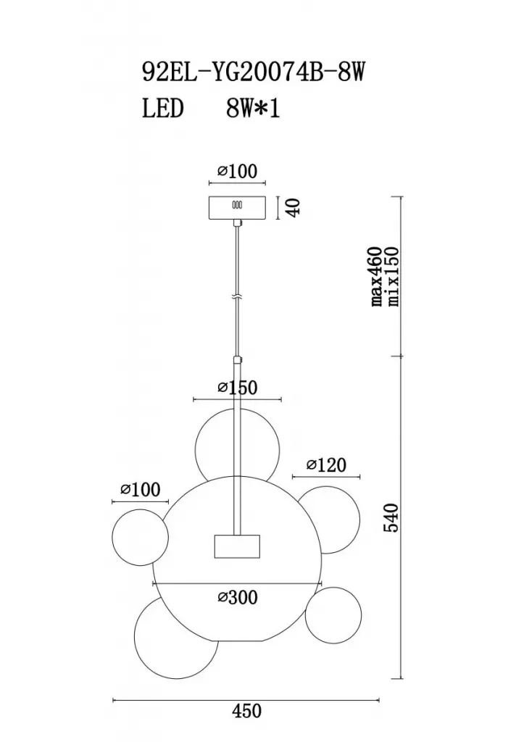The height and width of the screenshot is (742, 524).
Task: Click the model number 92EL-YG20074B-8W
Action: coord(254,73)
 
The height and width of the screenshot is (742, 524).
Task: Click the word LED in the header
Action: coord(162,109)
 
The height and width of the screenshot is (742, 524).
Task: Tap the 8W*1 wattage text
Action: coord(253,109)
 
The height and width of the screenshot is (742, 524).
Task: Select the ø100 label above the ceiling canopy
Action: coord(238,171)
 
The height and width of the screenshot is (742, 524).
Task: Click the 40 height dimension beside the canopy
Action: coord(294,207)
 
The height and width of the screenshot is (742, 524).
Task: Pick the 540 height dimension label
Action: coord(392,517)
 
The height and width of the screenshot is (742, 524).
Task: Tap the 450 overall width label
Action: coord(246,710)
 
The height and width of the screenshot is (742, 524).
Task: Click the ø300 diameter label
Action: coord(238,597)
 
